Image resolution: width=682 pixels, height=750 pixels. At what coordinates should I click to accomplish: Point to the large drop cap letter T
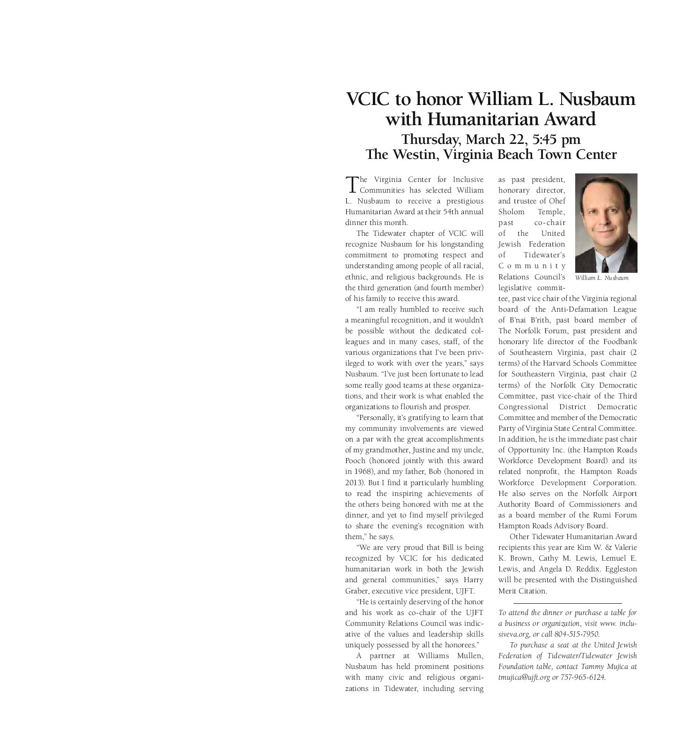coord(350,184)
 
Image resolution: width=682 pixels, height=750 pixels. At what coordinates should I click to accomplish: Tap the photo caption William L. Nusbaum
coord(601,278)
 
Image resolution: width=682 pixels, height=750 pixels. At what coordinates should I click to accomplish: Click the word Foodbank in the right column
coord(621,342)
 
